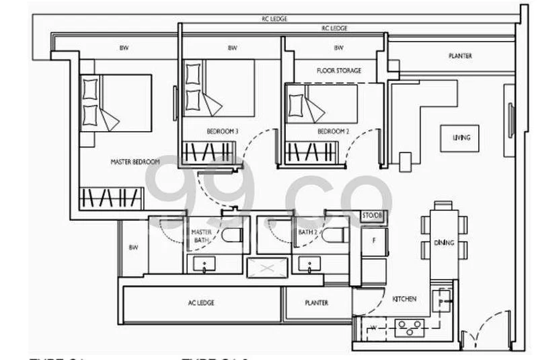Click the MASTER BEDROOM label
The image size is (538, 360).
[135, 162]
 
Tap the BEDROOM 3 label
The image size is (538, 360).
[222, 132]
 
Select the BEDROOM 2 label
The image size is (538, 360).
[333, 132]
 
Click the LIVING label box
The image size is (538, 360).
[461, 138]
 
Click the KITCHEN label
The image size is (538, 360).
[404, 298]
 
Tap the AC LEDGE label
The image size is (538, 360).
[201, 303]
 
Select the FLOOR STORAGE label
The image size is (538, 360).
[339, 71]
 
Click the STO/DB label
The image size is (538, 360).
[371, 215]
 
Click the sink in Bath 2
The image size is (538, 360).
[309, 265]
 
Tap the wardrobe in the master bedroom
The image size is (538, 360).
[112, 198]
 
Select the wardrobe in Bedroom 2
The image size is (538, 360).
[311, 153]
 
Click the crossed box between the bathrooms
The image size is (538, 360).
[267, 268]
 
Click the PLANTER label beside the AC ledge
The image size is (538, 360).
[316, 303]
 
